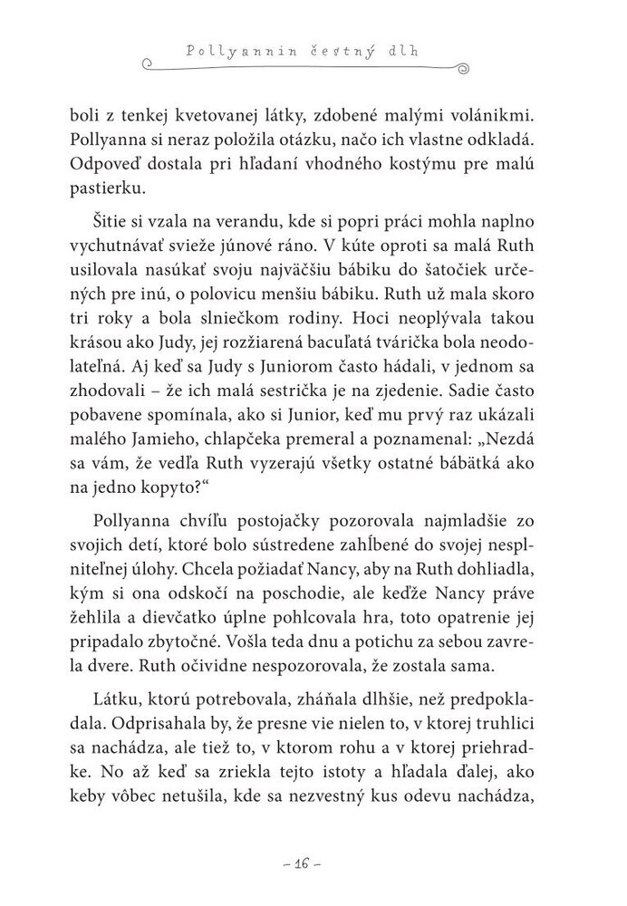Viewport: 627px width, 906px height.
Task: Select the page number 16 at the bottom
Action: pyautogui.click(x=313, y=855)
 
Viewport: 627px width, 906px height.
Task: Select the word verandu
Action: pyautogui.click(x=258, y=223)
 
